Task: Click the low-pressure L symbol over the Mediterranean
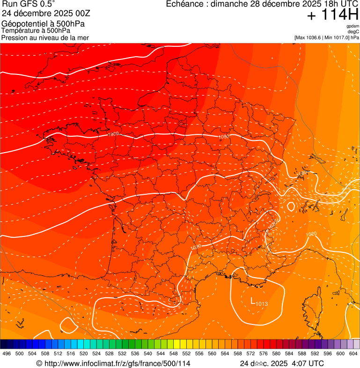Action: point(253,301)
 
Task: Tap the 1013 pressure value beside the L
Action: point(262,304)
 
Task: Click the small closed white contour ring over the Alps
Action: point(291,206)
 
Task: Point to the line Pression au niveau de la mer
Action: point(45,37)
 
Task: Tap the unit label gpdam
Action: point(353,26)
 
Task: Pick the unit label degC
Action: point(353,32)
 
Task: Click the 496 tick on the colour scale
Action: point(7,354)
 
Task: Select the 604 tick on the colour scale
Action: point(353,354)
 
